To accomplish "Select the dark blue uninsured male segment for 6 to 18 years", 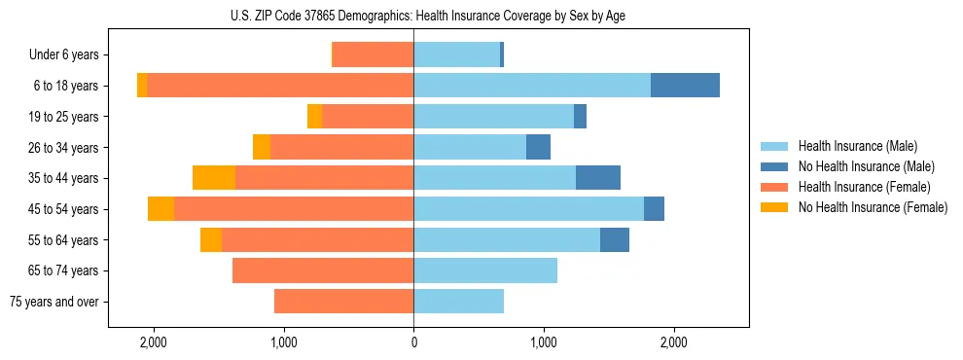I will (685, 86).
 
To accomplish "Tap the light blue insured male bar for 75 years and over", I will (458, 302).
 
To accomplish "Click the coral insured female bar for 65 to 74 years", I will (323, 270).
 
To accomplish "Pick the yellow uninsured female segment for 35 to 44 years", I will (214, 178).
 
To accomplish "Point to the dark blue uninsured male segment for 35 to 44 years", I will (598, 178).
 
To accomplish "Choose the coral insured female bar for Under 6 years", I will (374, 54).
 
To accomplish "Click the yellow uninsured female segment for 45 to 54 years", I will (161, 209).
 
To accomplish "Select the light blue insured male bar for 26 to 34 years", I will (470, 147).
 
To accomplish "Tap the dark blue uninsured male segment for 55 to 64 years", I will (615, 239).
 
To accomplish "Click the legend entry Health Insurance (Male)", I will (857, 146).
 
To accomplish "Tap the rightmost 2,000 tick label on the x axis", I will (674, 342).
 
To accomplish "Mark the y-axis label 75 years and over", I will (54, 302).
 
